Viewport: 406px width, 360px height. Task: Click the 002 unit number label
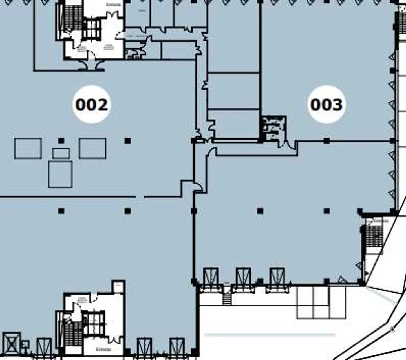tap(91, 105)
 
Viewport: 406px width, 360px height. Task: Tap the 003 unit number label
tap(326, 105)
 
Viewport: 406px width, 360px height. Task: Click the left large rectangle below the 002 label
tap(28, 148)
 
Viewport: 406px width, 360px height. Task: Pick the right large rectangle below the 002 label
tap(92, 148)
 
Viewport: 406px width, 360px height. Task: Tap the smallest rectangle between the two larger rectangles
tap(61, 154)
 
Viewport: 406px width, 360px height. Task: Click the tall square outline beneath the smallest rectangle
tap(60, 174)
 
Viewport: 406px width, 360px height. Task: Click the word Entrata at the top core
tap(114, 5)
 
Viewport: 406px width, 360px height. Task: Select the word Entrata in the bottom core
tap(103, 349)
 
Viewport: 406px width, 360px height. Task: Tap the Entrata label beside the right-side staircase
tap(381, 221)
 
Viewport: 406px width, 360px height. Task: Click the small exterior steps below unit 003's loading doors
tap(227, 299)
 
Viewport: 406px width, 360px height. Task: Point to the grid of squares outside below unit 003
tap(321, 302)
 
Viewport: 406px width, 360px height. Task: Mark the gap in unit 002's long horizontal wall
tap(140, 196)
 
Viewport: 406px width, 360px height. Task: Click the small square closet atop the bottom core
tap(118, 287)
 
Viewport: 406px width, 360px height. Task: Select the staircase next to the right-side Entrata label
tap(373, 234)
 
